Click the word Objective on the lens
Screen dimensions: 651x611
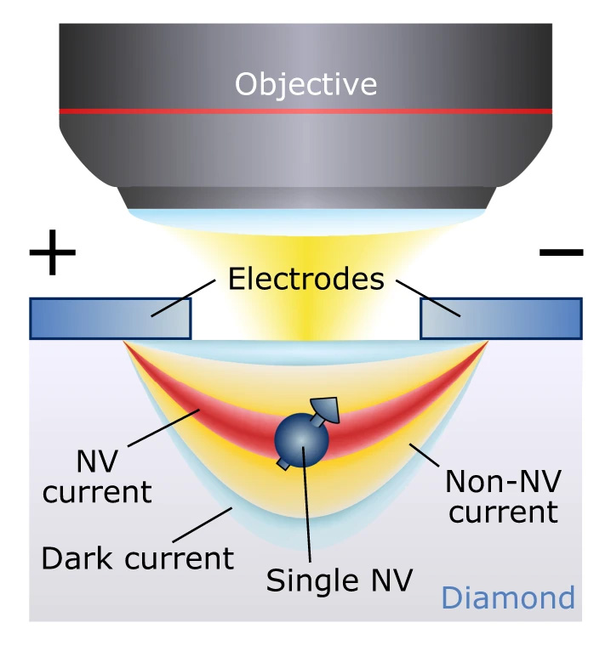[305, 84]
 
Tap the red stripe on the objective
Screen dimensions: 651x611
[305, 112]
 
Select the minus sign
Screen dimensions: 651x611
[561, 252]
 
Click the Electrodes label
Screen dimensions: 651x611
[305, 280]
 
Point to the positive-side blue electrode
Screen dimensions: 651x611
[110, 319]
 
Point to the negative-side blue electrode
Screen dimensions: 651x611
[501, 319]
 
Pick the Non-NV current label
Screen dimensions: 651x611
[503, 497]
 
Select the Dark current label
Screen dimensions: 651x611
[138, 558]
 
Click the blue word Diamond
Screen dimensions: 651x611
[507, 598]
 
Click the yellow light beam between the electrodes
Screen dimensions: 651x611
[305, 314]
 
